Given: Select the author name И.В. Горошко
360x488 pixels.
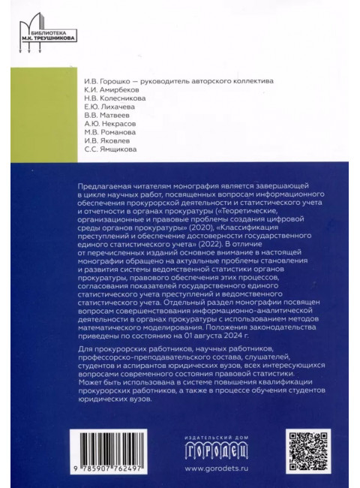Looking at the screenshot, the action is click(104, 81).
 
